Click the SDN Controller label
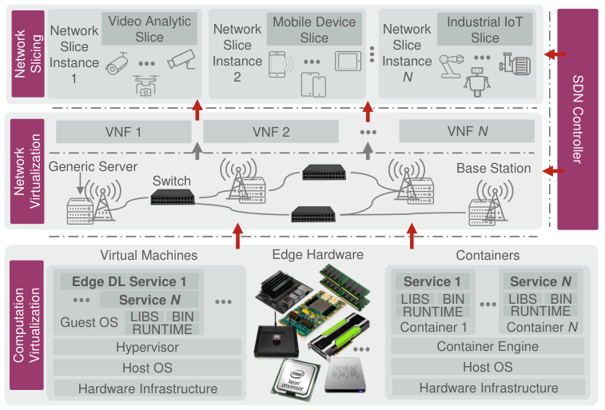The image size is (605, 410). click(578, 119)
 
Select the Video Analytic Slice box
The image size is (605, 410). click(149, 29)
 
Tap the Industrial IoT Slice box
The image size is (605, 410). click(484, 30)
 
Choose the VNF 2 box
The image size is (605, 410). click(271, 132)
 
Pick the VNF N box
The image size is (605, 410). click(467, 131)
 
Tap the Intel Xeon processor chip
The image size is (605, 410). click(295, 379)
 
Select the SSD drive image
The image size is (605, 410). click(345, 375)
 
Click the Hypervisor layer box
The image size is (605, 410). click(147, 347)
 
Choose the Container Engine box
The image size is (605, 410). click(488, 346)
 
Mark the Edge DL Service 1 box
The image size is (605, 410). click(129, 281)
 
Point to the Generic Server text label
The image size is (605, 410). click(93, 166)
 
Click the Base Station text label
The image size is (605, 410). click(493, 168)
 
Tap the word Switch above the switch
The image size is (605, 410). click(172, 181)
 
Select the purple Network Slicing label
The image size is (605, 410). click(28, 54)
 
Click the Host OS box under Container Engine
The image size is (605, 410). click(488, 367)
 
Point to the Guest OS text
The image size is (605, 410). click(89, 322)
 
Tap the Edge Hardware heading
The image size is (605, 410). click(317, 255)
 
